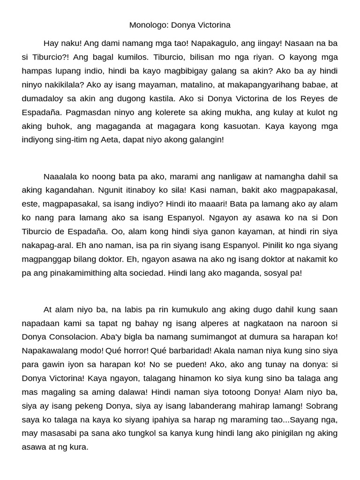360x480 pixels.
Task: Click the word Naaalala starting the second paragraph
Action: (62, 177)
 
